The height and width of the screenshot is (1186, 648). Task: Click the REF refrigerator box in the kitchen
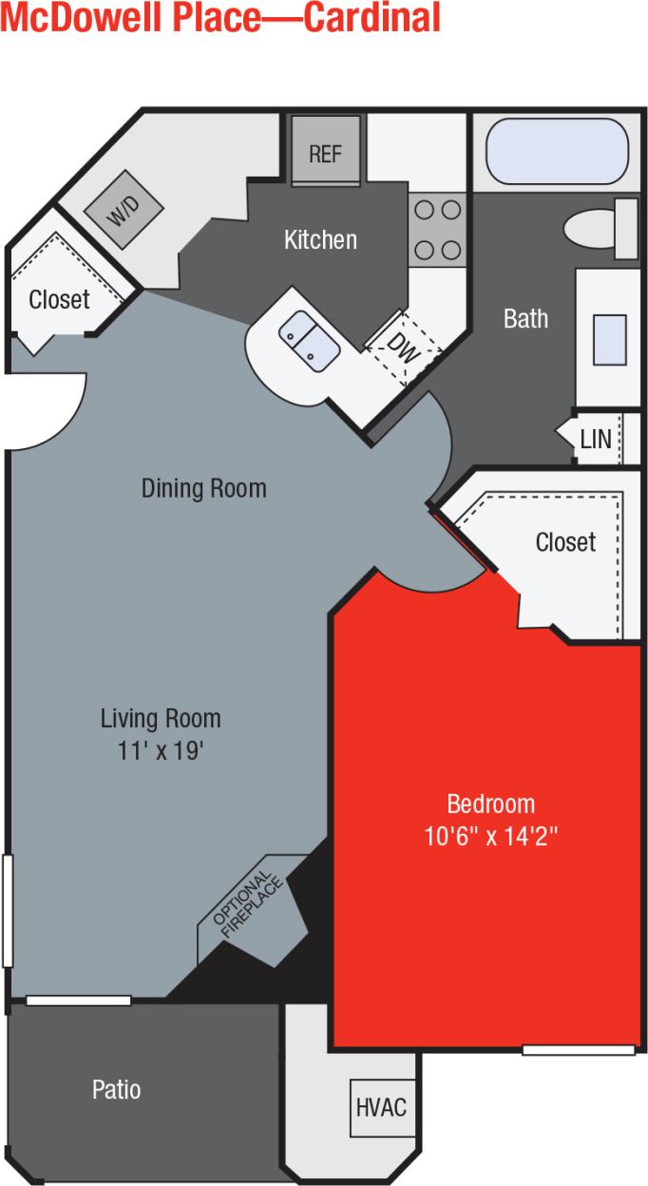tap(325, 151)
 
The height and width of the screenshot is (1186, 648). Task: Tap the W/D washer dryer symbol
tap(123, 211)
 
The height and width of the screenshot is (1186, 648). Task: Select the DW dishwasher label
tap(405, 346)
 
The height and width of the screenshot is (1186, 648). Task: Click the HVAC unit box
tap(381, 1107)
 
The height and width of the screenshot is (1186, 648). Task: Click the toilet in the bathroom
tap(601, 229)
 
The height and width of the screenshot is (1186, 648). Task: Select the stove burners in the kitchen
tap(437, 229)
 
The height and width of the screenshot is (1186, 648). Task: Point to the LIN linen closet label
tap(596, 440)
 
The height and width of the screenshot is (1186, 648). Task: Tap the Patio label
tap(116, 1089)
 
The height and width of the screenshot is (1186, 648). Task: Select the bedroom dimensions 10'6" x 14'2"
tap(491, 837)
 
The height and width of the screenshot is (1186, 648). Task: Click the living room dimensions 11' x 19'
tap(161, 750)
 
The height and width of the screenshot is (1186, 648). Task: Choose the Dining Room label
tap(203, 488)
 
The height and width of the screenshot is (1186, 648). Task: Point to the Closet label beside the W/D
tap(59, 300)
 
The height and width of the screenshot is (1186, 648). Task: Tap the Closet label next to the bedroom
tap(565, 542)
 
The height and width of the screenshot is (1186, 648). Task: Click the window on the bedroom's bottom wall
tap(578, 1049)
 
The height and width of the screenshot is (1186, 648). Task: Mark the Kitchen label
tap(320, 239)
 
